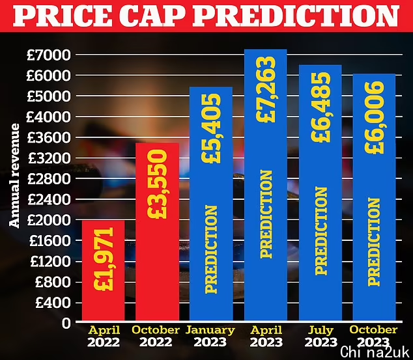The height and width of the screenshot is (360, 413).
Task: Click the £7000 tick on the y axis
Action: click(x=48, y=55)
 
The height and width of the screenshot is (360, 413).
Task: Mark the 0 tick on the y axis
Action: click(x=65, y=323)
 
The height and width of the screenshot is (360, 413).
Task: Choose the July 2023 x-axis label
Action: click(x=320, y=336)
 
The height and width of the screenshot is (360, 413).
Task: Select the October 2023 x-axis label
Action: click(x=373, y=336)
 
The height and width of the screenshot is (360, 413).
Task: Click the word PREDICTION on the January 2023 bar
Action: click(x=211, y=247)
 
